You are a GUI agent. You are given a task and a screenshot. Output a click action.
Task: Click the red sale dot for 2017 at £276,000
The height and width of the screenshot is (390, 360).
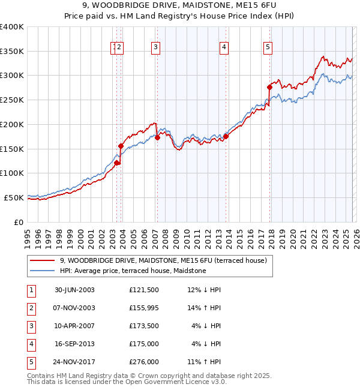click(270, 88)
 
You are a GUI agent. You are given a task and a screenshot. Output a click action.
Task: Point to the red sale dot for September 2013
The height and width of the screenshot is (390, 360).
click(226, 137)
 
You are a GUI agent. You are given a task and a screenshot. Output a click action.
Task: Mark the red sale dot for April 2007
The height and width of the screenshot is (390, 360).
click(157, 137)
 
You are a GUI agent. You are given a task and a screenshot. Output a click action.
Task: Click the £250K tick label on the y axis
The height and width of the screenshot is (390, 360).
click(12, 100)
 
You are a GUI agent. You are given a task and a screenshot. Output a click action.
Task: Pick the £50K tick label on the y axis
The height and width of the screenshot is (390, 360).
click(14, 197)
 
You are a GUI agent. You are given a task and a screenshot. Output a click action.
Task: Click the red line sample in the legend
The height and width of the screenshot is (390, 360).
click(43, 260)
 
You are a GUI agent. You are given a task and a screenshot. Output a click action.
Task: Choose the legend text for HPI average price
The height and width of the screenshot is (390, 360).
click(133, 271)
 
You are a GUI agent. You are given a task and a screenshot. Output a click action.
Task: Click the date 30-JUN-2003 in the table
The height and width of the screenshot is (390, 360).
click(74, 290)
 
